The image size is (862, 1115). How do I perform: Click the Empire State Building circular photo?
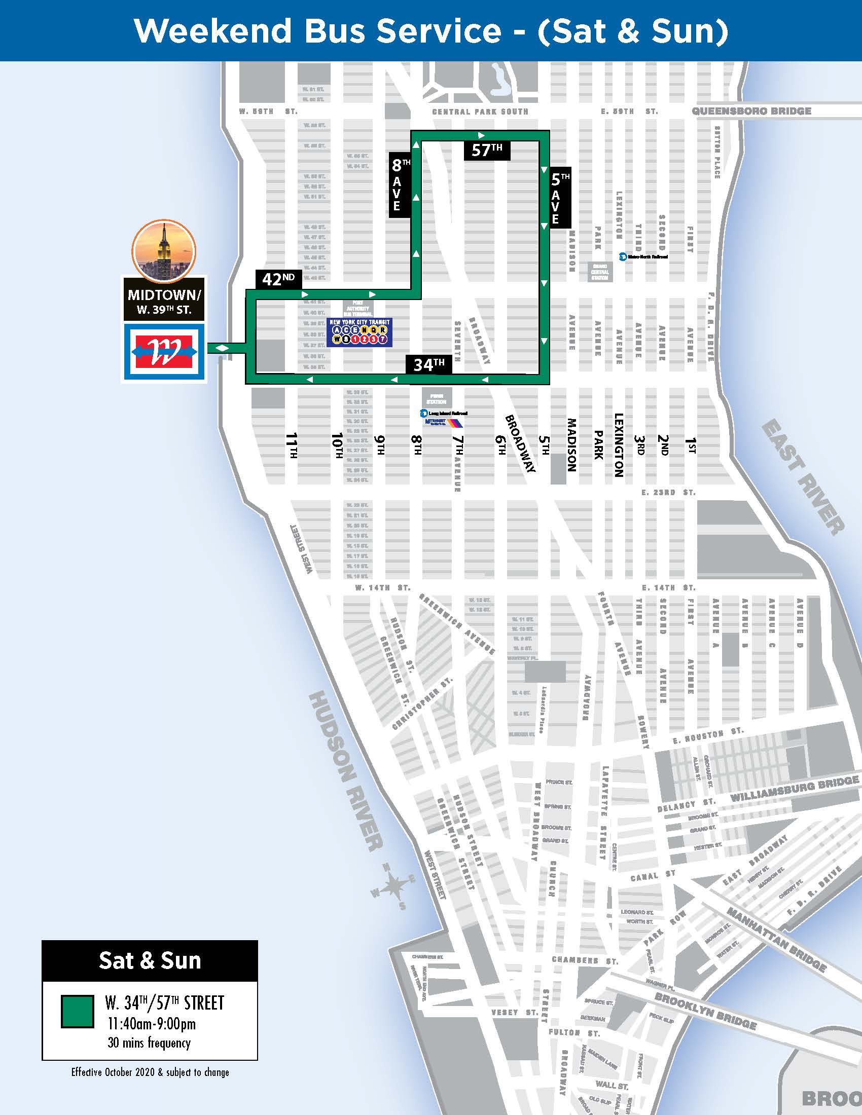tap(163, 249)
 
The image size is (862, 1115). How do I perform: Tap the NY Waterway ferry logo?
tap(164, 351)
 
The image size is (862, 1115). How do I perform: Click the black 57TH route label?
tap(487, 150)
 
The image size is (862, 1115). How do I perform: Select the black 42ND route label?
tap(278, 279)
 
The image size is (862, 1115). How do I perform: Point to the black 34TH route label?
tap(428, 364)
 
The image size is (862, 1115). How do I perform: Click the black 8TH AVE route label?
tap(400, 185)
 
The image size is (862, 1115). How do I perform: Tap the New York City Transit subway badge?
tap(360, 332)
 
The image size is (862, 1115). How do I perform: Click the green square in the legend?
tap(78, 1011)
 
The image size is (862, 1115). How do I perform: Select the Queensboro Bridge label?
tap(751, 111)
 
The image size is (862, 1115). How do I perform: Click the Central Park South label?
tap(480, 111)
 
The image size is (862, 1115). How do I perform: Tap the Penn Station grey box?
tap(437, 398)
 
